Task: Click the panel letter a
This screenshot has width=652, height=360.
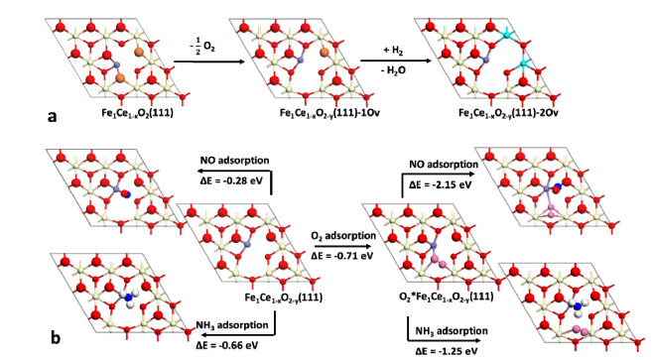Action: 52,117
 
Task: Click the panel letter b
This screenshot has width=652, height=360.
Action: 56,337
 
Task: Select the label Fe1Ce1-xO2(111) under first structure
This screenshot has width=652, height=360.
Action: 137,113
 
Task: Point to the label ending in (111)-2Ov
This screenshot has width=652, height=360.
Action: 508,113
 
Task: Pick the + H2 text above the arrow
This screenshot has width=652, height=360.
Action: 395,51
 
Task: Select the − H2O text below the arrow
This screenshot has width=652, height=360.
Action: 393,70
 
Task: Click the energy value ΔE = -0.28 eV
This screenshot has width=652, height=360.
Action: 231,180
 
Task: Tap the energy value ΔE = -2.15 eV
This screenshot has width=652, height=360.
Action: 441,184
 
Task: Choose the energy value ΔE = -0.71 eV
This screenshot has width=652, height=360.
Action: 342,255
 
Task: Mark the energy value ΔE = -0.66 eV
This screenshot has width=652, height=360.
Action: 227,345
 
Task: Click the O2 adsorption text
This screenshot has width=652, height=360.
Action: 343,236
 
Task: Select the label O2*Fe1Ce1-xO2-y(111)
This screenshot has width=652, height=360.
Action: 447,297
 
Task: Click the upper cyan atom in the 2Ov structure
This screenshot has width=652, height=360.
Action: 507,35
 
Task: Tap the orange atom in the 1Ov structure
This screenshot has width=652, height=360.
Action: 325,53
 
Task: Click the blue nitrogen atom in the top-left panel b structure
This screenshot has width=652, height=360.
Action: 127,193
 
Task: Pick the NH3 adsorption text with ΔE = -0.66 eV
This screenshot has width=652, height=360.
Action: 232,325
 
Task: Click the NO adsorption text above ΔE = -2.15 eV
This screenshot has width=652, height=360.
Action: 444,165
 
